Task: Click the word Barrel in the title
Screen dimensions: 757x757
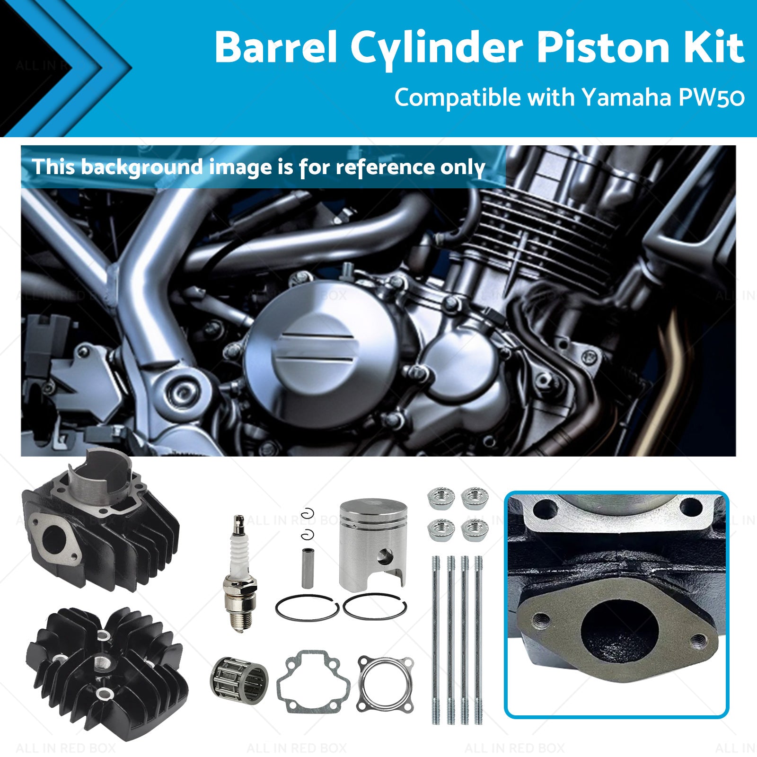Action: point(275,47)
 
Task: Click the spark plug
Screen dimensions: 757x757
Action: point(240,573)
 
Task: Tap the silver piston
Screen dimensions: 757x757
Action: point(373,544)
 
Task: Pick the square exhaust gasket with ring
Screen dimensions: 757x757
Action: point(386,684)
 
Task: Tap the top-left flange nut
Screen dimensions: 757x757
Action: point(441,498)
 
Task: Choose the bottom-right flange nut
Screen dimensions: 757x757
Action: point(475,530)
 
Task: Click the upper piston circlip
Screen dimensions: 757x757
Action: point(309,512)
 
